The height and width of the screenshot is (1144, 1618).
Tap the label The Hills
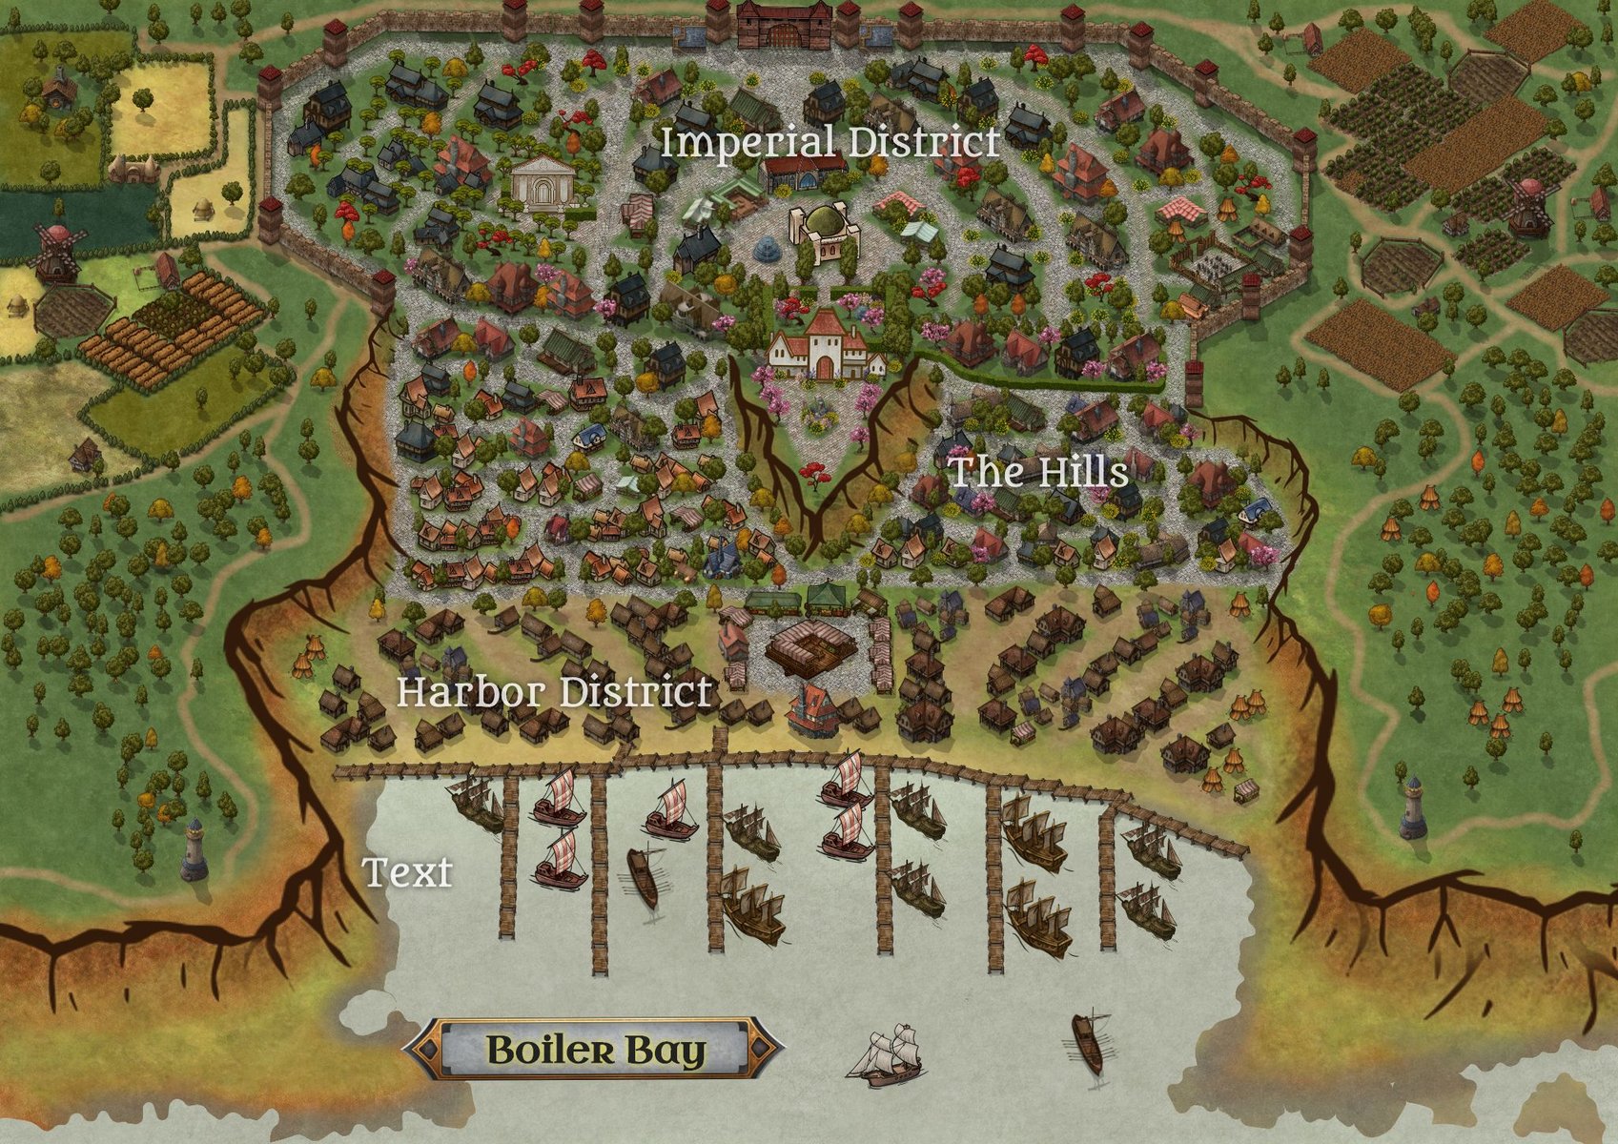coord(1038,471)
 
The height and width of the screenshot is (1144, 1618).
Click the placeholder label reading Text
coord(407,871)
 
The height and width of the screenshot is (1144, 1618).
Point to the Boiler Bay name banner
coord(595,1050)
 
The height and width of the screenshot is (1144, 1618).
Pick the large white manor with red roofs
coord(826,345)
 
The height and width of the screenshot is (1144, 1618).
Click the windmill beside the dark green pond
coord(54,252)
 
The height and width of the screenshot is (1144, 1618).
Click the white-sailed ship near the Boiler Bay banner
coord(892,1056)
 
